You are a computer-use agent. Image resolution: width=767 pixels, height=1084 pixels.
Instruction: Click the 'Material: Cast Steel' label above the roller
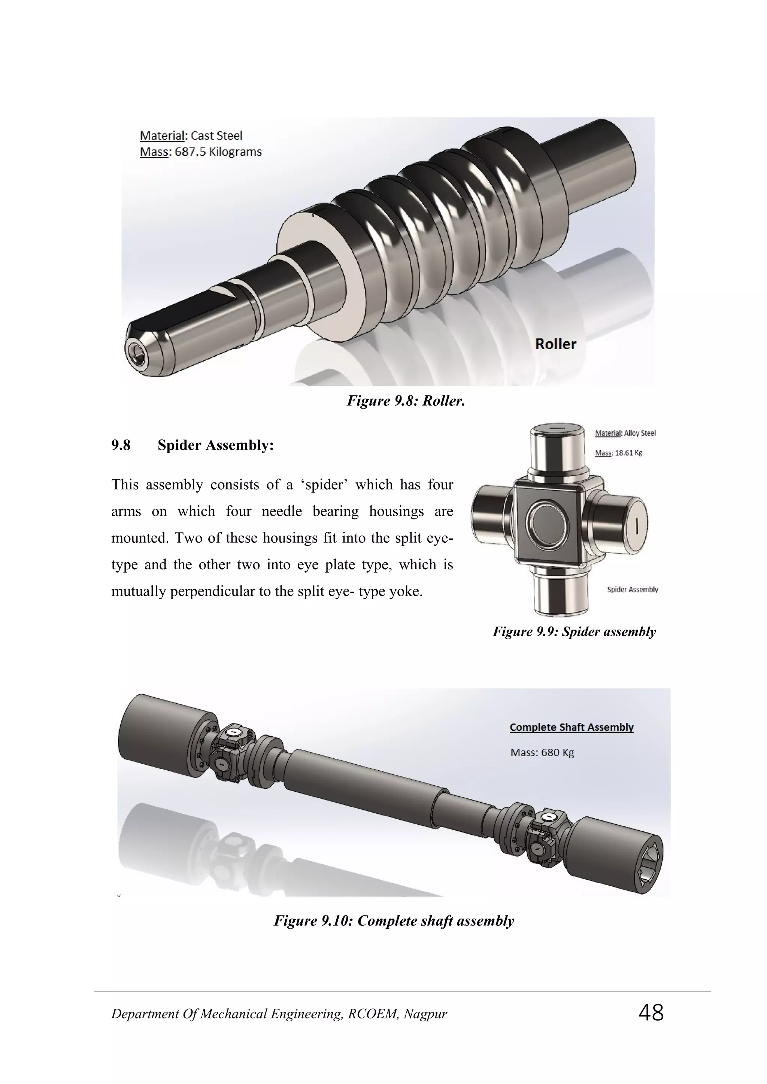tap(191, 136)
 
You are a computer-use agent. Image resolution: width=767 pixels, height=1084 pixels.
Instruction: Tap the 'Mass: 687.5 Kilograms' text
tap(201, 152)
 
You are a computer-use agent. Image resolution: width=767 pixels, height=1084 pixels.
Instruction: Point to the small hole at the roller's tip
tap(136, 352)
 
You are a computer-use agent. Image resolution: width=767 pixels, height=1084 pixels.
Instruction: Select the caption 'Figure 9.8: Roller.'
tap(406, 401)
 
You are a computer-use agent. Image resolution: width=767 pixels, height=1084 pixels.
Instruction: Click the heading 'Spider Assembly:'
tap(215, 445)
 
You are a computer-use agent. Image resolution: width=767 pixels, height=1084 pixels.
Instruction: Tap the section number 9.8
tap(121, 445)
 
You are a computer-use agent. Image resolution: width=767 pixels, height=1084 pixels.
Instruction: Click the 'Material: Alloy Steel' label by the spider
tap(625, 433)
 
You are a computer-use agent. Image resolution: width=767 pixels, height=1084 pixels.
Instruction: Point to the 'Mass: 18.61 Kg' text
tap(618, 453)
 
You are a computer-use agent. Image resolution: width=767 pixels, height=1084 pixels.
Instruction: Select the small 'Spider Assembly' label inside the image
tap(633, 590)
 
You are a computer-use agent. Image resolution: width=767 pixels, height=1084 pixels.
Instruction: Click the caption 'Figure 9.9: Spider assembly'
tap(574, 632)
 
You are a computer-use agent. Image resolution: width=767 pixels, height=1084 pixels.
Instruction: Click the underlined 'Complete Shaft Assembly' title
tap(572, 727)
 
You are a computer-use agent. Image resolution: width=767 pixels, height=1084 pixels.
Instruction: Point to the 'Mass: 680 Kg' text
tap(542, 753)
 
